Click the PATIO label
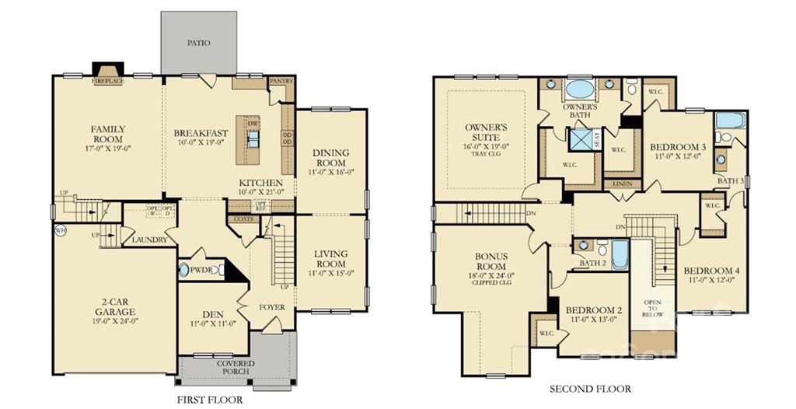200,44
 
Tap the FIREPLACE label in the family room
108,81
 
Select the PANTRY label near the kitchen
280,81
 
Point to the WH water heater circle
59,231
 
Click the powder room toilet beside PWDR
184,271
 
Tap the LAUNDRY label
149,240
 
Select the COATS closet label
240,219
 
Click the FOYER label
273,307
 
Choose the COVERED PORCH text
235,367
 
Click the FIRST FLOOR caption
209,400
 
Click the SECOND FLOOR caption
590,389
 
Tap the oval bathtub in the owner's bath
579,88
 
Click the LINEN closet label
622,184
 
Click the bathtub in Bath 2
620,254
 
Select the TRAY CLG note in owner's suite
486,154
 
